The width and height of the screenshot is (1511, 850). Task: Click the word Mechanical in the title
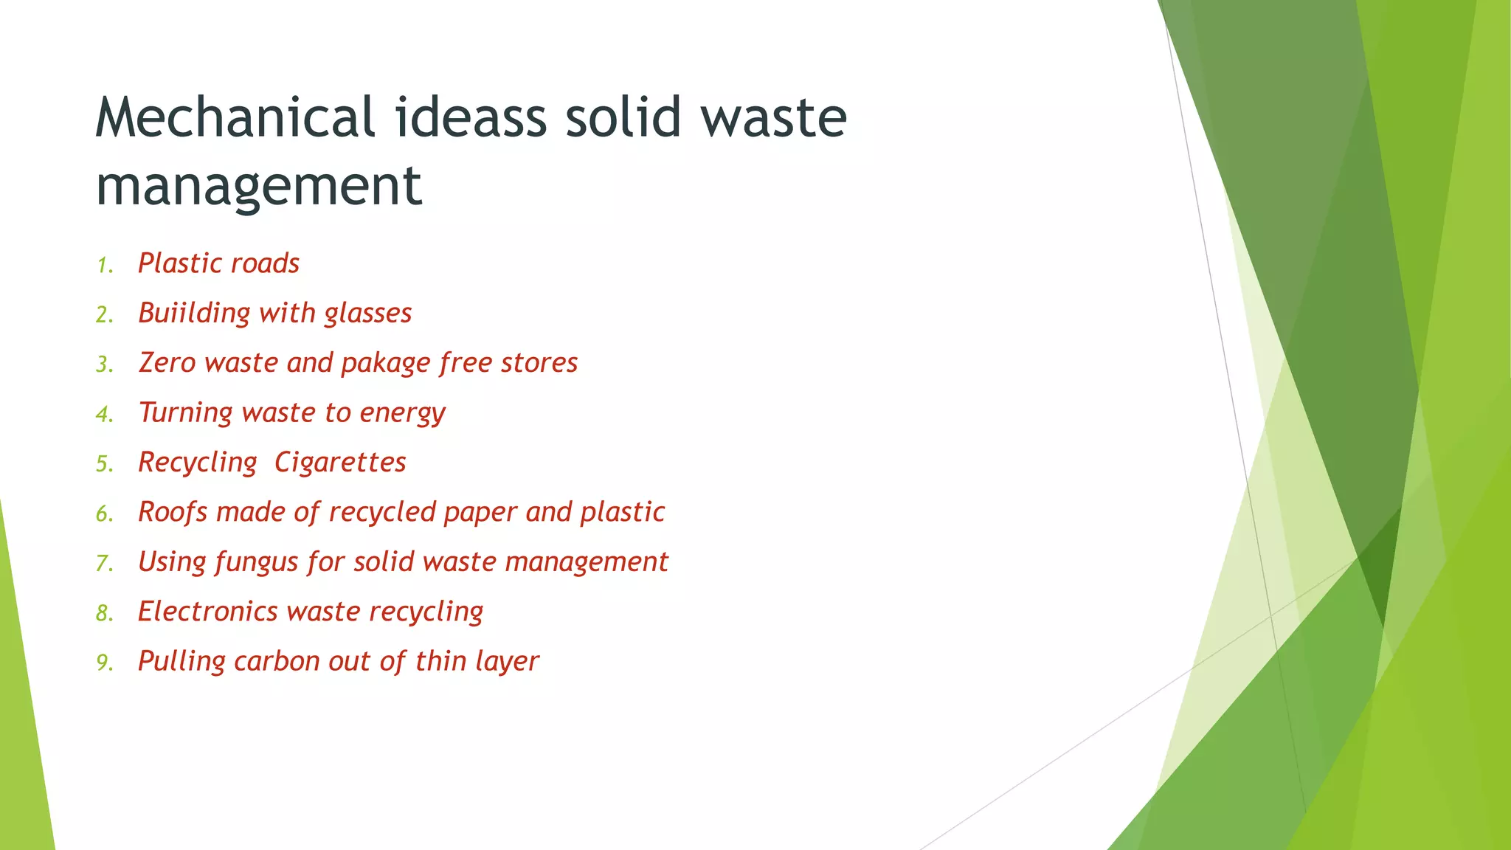[235, 117]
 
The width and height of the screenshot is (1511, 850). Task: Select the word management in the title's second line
[259, 185]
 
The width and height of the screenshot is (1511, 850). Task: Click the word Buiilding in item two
[194, 314]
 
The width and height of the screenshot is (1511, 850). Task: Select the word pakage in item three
[385, 364]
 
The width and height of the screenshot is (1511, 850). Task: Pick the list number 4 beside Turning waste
[104, 415]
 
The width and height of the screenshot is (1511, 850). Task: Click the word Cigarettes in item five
[340, 463]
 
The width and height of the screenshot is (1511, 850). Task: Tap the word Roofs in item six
[173, 512]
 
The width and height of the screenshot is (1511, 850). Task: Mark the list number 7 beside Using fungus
[104, 564]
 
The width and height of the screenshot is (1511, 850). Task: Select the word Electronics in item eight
[207, 612]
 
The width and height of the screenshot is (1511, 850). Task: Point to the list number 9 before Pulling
[104, 663]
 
